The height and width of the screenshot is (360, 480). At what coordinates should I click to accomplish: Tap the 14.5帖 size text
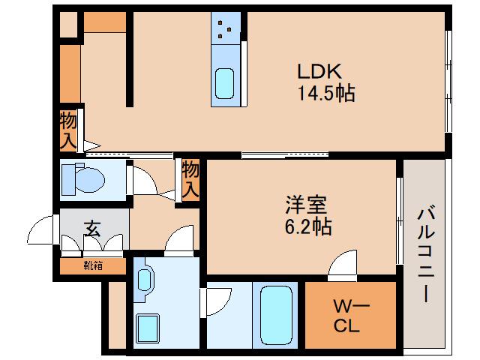click(325, 95)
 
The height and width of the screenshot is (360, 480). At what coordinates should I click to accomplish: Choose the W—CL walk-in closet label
click(349, 316)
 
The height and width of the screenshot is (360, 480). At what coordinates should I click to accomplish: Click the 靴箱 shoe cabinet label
click(94, 264)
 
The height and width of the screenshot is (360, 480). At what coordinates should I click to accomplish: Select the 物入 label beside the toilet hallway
click(190, 179)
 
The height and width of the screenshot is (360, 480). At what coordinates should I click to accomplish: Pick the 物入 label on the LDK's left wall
click(68, 129)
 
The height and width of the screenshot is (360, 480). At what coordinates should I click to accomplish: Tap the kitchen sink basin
click(225, 82)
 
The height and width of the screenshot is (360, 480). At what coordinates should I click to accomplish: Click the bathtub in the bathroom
click(275, 315)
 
